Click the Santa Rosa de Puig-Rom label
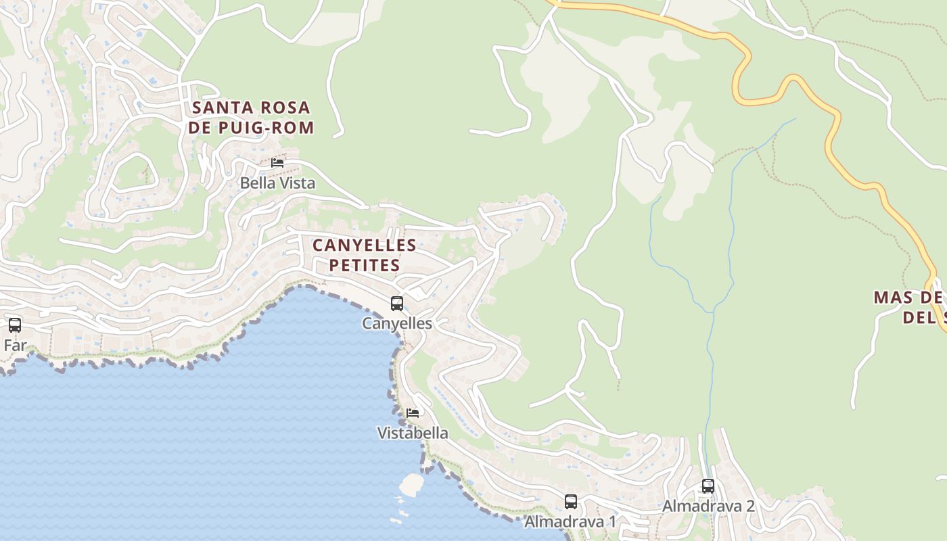pos(251,117)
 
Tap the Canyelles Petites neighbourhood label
pos(364,254)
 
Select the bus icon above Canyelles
pos(397,304)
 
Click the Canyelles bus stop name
pos(397,323)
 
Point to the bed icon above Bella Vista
pos(277,162)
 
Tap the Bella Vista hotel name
pos(277,183)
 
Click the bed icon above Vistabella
pos(413,413)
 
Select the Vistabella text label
pos(413,433)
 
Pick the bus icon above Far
pos(15,325)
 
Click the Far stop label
pos(15,346)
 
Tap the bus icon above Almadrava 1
pos(571,502)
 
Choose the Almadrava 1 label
pos(571,521)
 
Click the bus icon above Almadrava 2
pos(708,486)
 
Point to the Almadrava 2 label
pos(708,506)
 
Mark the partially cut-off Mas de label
pos(910,306)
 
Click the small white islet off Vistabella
pos(411,484)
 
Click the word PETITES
pos(364,264)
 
